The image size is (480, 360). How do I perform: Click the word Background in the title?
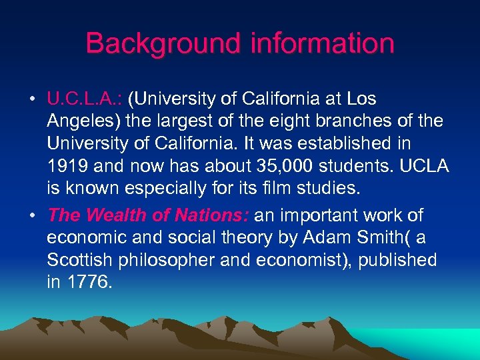(164, 44)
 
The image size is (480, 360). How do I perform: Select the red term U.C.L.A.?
(85, 99)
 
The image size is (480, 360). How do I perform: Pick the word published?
(397, 260)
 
